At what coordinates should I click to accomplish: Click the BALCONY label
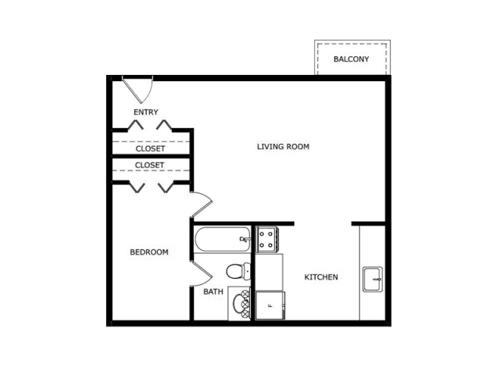pos(351,59)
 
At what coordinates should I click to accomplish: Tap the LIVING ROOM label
pos(283,147)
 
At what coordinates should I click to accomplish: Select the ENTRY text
pos(146,112)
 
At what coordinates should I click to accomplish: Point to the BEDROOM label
pos(149,252)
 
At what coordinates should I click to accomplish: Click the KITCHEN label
pos(321,277)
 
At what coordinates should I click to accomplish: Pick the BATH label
pos(213,291)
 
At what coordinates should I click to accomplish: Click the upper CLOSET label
pos(150,148)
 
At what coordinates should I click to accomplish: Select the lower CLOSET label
pos(149,165)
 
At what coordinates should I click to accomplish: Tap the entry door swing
pos(141,92)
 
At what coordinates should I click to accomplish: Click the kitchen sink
pos(373,280)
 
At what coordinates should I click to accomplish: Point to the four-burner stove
pos(267,239)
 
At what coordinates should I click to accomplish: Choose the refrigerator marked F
pos(270,305)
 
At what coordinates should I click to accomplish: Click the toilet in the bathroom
pos(237,271)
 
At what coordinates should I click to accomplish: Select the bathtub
pos(223,239)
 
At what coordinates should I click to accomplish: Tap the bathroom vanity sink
pos(239,304)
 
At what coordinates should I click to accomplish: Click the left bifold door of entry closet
pos(135,125)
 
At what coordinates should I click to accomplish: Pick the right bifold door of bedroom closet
pos(166,187)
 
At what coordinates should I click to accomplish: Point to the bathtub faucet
pos(244,239)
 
